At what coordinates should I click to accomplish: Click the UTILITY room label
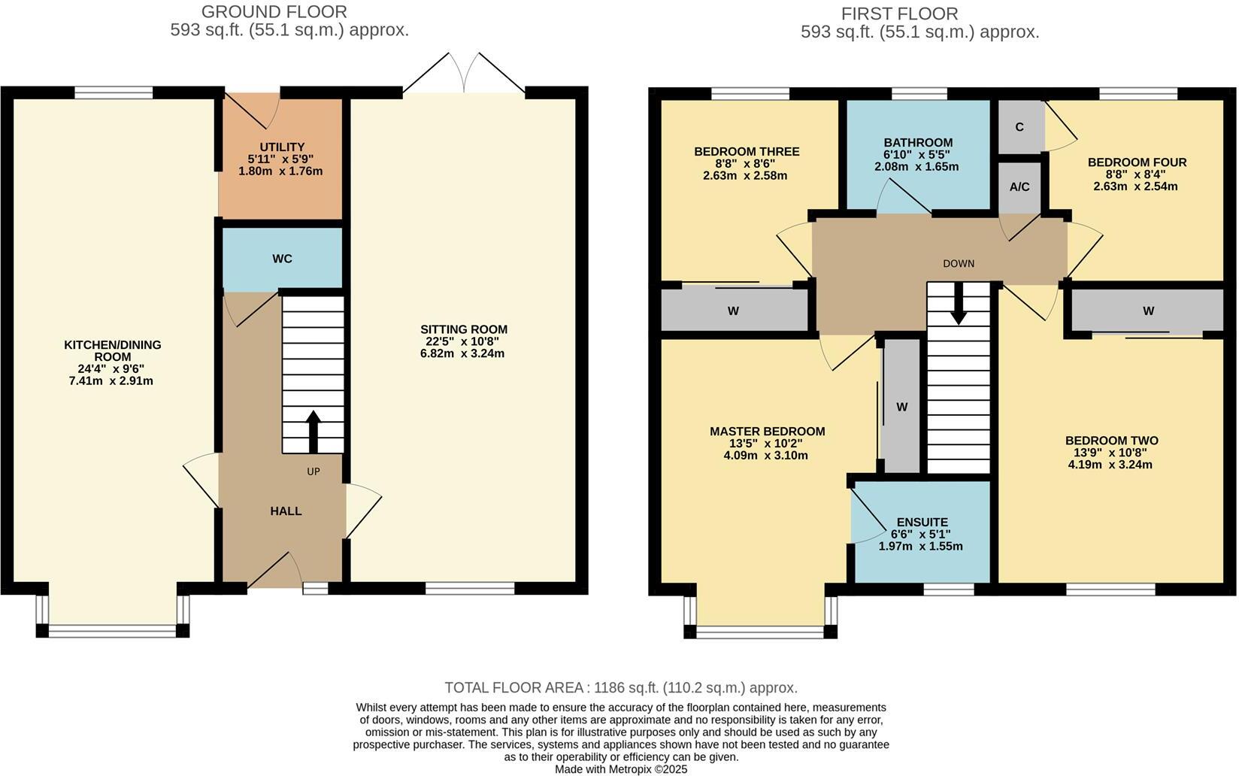[281, 147]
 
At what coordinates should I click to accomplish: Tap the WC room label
[282, 259]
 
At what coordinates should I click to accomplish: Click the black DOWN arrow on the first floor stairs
[958, 304]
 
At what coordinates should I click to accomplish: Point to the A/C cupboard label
[1019, 186]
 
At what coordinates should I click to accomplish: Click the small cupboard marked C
[1019, 127]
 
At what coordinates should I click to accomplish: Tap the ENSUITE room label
[922, 522]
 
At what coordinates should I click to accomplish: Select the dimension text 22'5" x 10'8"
[463, 341]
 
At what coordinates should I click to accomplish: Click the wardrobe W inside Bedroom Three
[733, 311]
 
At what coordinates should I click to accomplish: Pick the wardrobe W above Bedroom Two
[1148, 311]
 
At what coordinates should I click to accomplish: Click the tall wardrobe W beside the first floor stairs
[901, 407]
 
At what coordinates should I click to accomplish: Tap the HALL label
[286, 511]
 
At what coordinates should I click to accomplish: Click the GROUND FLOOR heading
[274, 12]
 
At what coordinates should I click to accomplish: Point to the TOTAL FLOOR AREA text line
[621, 687]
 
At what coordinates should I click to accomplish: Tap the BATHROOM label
[917, 143]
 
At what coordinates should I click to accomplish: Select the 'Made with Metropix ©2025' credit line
[621, 769]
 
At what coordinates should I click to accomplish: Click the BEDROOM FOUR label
[1137, 162]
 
